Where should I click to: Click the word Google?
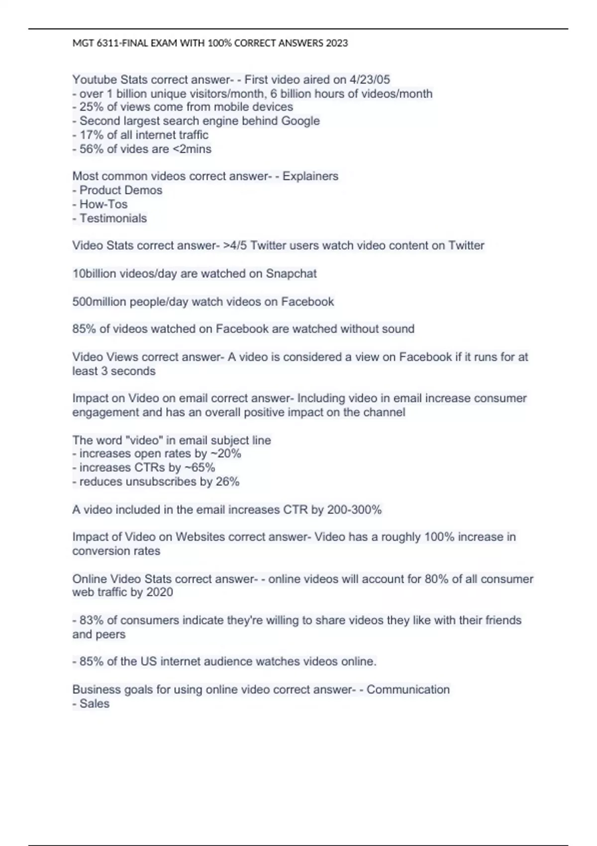coord(300,121)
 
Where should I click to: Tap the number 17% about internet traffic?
coord(92,135)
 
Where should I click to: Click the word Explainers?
coord(310,176)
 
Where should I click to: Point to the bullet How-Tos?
coord(103,204)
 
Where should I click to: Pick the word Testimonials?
coord(113,218)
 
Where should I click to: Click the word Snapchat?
coord(291,274)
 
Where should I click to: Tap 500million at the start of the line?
coord(99,302)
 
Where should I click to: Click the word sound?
coord(399,329)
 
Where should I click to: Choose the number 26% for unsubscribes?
coord(227,482)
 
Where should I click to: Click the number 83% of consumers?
coord(92,620)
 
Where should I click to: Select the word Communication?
coord(408,690)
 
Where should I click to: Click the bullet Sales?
coord(95,704)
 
